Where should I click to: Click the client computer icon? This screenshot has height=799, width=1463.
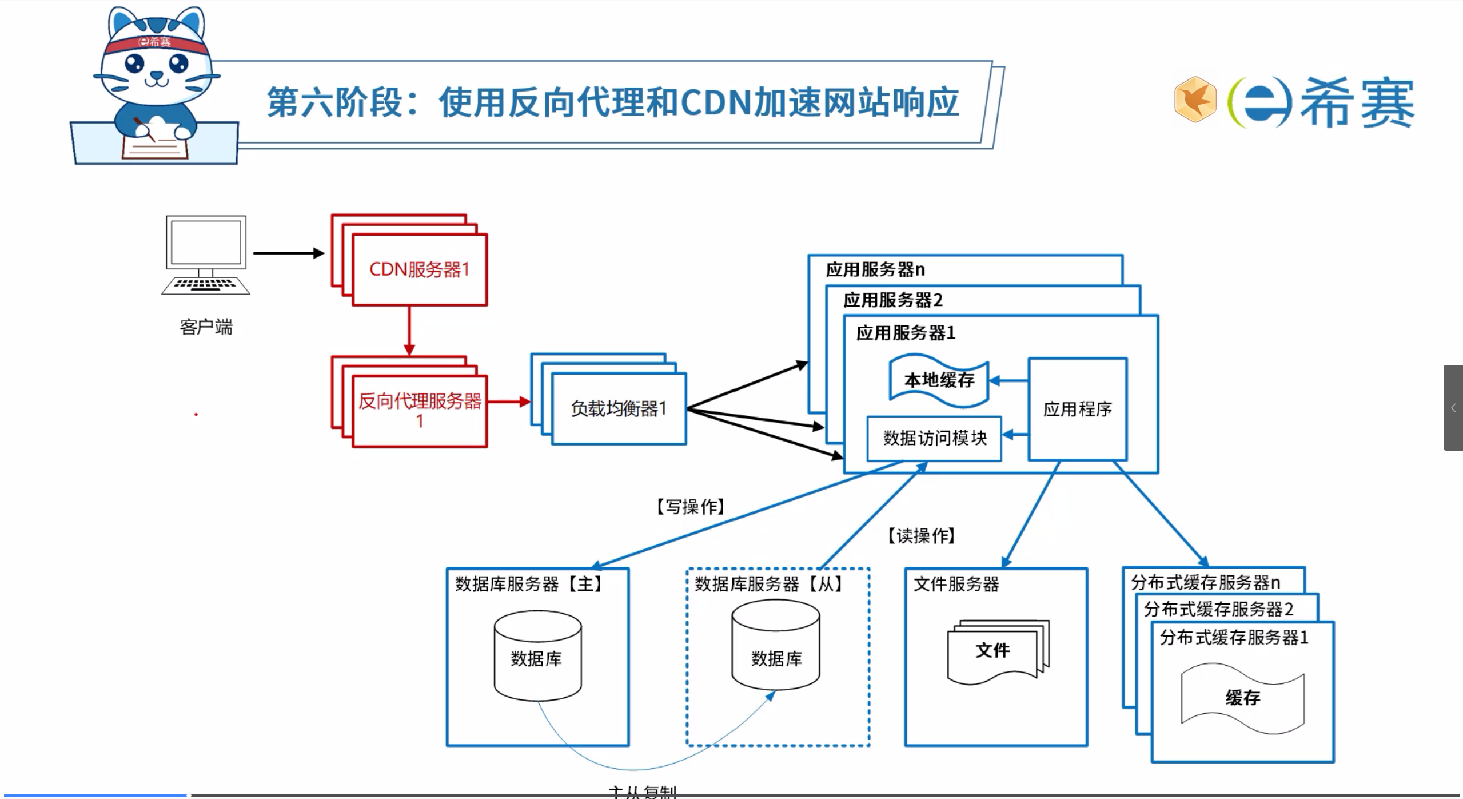coord(206,254)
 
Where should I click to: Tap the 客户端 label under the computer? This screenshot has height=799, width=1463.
coord(206,327)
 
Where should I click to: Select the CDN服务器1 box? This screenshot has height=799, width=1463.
coord(420,269)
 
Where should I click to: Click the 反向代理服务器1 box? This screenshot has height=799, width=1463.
coord(420,411)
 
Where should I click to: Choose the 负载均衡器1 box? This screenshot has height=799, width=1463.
coord(619,408)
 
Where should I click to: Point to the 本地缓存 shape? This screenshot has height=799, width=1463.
coord(939,380)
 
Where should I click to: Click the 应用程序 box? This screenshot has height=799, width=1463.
coord(1077,409)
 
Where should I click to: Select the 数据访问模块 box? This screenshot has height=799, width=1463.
coord(934,438)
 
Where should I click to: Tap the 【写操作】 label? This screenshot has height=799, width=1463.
coord(691,507)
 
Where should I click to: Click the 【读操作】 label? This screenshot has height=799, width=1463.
coord(921,536)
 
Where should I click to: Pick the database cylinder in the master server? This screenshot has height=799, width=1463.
coord(537,656)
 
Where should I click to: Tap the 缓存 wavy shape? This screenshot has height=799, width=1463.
coord(1242,698)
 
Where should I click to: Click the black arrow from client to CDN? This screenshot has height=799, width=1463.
coord(288,253)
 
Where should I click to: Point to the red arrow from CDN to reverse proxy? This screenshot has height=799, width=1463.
coord(409,331)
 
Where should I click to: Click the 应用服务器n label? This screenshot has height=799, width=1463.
coord(875,269)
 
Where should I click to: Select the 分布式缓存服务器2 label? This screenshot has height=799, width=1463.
coord(1218,609)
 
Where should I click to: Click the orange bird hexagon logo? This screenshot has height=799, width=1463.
coord(1194,100)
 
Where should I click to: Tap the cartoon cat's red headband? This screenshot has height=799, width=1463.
coord(156,43)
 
